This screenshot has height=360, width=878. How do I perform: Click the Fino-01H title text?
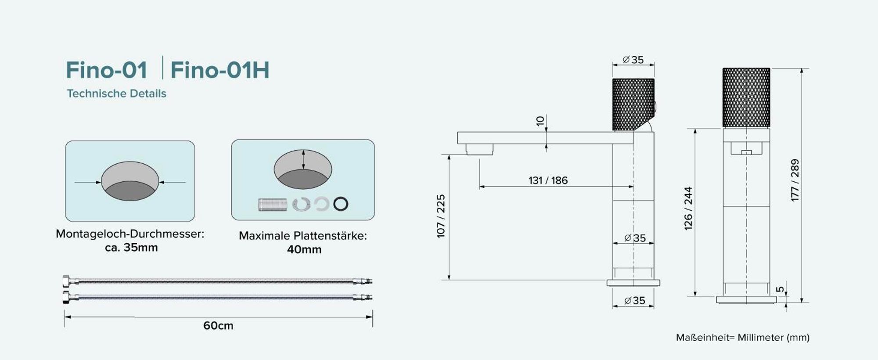(x=219, y=70)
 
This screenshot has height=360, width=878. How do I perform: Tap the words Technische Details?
(x=116, y=94)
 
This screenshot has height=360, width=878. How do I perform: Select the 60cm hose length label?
(x=218, y=326)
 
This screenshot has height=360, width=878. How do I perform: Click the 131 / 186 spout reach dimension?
(x=548, y=180)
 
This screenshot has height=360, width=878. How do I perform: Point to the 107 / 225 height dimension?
(x=441, y=216)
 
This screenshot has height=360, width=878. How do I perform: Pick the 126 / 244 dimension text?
(x=688, y=209)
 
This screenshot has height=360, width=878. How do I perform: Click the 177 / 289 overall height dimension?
(x=795, y=180)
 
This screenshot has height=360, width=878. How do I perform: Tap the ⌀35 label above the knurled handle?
(x=633, y=60)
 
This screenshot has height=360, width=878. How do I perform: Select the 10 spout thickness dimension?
(x=540, y=121)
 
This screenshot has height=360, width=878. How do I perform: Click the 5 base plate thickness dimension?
(x=780, y=289)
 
